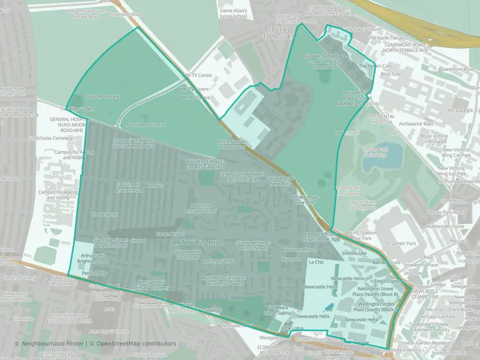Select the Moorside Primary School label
coord(203,208)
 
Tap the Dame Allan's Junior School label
coord(233,13)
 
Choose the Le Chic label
coord(317,262)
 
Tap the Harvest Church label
coord(300,249)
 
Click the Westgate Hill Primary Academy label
coord(153,285)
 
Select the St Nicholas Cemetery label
coord(50,138)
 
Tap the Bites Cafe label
coord(391,74)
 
